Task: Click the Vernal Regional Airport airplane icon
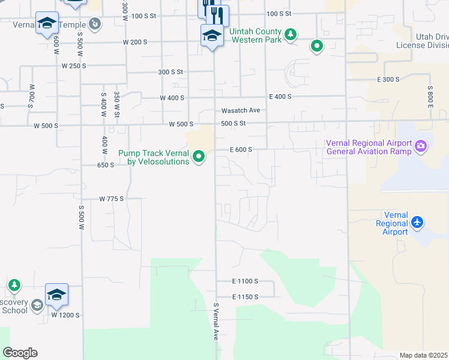[x=418, y=223]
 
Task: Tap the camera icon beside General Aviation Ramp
[x=421, y=145]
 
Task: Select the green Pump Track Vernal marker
[x=199, y=158]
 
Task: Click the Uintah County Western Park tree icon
[x=291, y=34]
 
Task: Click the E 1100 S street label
[x=245, y=281]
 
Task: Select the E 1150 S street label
[x=245, y=297]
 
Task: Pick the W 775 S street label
[x=111, y=199]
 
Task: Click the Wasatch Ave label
[x=240, y=110]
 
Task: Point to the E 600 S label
[x=240, y=149]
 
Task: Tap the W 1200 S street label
[x=65, y=315]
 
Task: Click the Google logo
[x=20, y=353]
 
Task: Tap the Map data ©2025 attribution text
[x=424, y=355]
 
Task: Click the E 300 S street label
[x=388, y=79]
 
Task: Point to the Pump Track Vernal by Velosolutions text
[x=154, y=157]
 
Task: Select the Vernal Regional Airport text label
[x=392, y=223]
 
